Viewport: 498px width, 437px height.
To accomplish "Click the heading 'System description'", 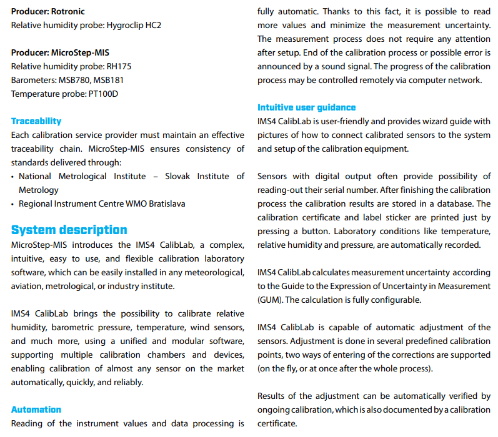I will click(x=69, y=230).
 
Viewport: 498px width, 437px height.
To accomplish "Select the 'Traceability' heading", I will click(x=36, y=121).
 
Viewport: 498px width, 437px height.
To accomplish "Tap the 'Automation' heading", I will click(x=36, y=410).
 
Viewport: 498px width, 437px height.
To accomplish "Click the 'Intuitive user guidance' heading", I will click(x=307, y=107).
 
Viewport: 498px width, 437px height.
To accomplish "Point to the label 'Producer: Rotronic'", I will click(x=47, y=11).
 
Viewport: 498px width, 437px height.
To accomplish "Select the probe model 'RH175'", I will click(x=119, y=66).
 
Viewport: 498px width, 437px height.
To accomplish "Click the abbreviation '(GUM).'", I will click(x=270, y=300).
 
